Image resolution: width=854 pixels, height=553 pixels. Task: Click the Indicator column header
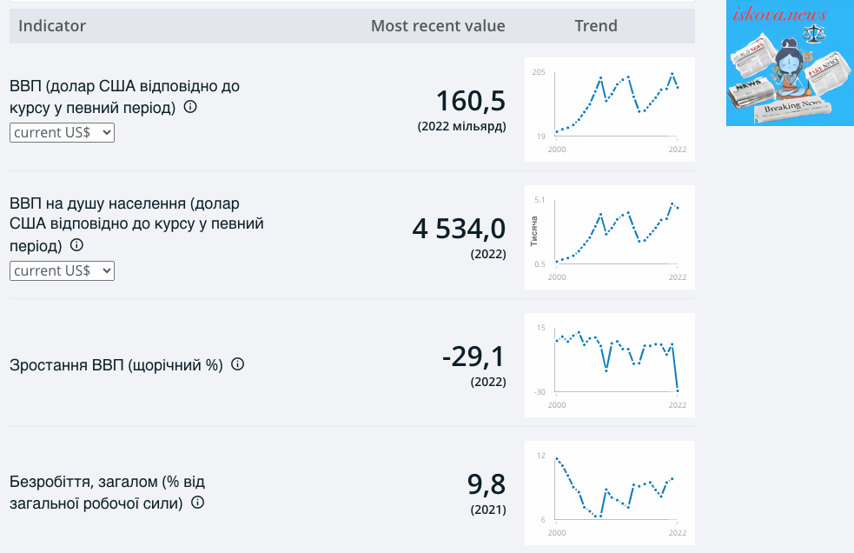tap(52, 25)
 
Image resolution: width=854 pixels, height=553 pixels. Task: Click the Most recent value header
tap(438, 25)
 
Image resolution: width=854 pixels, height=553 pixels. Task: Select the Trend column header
tap(596, 25)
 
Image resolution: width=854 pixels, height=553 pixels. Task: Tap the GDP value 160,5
tap(471, 101)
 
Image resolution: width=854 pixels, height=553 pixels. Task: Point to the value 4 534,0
tap(459, 229)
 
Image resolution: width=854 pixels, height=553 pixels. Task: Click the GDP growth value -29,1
tap(473, 356)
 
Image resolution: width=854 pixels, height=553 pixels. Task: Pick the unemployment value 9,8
tap(487, 484)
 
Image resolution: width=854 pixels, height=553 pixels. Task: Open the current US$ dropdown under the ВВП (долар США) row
tap(62, 132)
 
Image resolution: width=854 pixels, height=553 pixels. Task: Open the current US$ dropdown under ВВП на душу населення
tap(62, 270)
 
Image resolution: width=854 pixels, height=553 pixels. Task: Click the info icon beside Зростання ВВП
tap(237, 363)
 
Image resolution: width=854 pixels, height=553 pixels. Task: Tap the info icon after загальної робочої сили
tap(198, 503)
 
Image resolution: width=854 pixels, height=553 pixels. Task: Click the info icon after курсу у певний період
tap(190, 106)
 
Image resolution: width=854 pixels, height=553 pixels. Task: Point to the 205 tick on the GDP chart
tap(539, 72)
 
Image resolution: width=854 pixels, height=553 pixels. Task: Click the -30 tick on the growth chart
tap(540, 391)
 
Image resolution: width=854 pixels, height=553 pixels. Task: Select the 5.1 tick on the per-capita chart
tap(540, 200)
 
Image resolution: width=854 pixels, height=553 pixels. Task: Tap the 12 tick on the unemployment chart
tap(541, 456)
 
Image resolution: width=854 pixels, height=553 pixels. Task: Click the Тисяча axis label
tap(533, 230)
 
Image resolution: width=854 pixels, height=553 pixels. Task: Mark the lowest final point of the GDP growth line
tap(678, 390)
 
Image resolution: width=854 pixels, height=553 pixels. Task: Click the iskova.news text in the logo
tap(779, 14)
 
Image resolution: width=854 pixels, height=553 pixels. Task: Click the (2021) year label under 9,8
tap(488, 510)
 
